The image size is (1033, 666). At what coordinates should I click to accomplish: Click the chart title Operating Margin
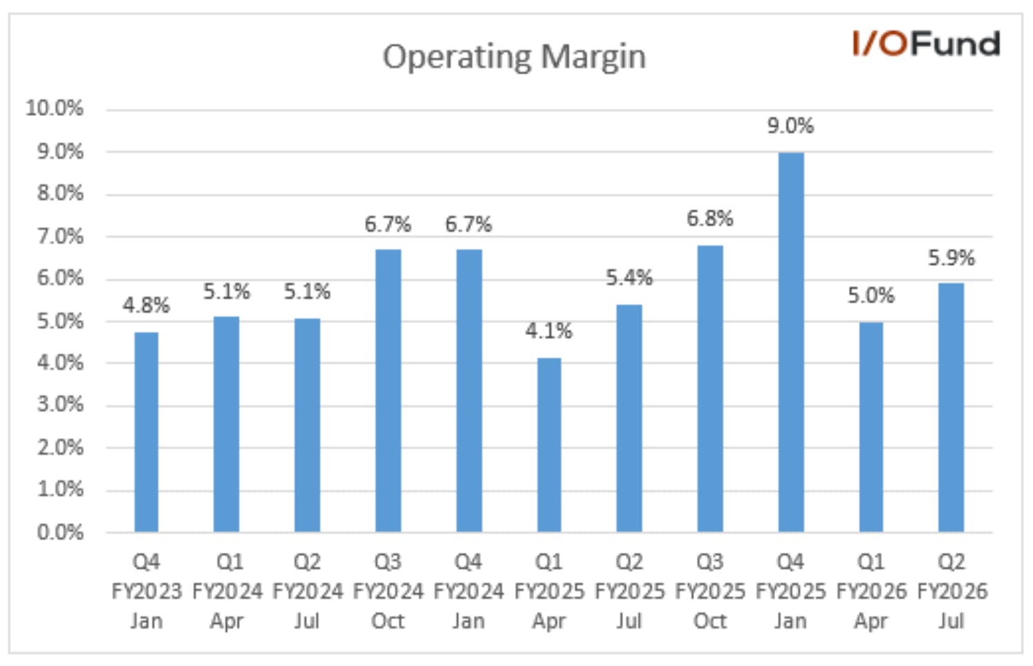coord(514,57)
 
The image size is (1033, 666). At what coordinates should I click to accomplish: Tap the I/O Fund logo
coord(927,44)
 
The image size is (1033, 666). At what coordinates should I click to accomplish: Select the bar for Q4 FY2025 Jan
coord(791,343)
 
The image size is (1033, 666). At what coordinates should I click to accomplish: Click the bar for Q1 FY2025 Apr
coord(549,445)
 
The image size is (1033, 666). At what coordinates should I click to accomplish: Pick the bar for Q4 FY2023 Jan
coord(146,432)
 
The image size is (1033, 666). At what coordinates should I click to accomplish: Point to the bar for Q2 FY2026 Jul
coord(951,408)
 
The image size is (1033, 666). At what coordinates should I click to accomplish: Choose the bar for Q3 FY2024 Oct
coord(389,391)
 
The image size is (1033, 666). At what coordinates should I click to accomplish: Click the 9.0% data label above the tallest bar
coord(790,126)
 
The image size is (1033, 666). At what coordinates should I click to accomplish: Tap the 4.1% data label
coord(549,331)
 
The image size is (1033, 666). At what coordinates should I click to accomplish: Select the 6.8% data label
coord(709,218)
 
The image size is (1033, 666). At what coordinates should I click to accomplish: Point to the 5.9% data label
coord(951,258)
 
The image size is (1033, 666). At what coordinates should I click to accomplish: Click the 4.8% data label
coord(146,305)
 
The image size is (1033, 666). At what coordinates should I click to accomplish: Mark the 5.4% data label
coord(629,278)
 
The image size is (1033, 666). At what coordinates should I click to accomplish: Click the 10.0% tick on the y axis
coord(55,108)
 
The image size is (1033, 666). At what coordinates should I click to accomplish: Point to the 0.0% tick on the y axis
coord(60,533)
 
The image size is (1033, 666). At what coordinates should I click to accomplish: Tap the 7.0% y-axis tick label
coord(60,237)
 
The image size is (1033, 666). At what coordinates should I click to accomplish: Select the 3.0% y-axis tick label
coord(60,405)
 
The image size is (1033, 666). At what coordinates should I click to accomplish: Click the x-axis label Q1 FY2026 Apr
coord(871,591)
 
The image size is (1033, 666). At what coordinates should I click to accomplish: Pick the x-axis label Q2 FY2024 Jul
coord(308,591)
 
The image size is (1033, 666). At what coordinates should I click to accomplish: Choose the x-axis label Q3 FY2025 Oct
coord(710,591)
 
